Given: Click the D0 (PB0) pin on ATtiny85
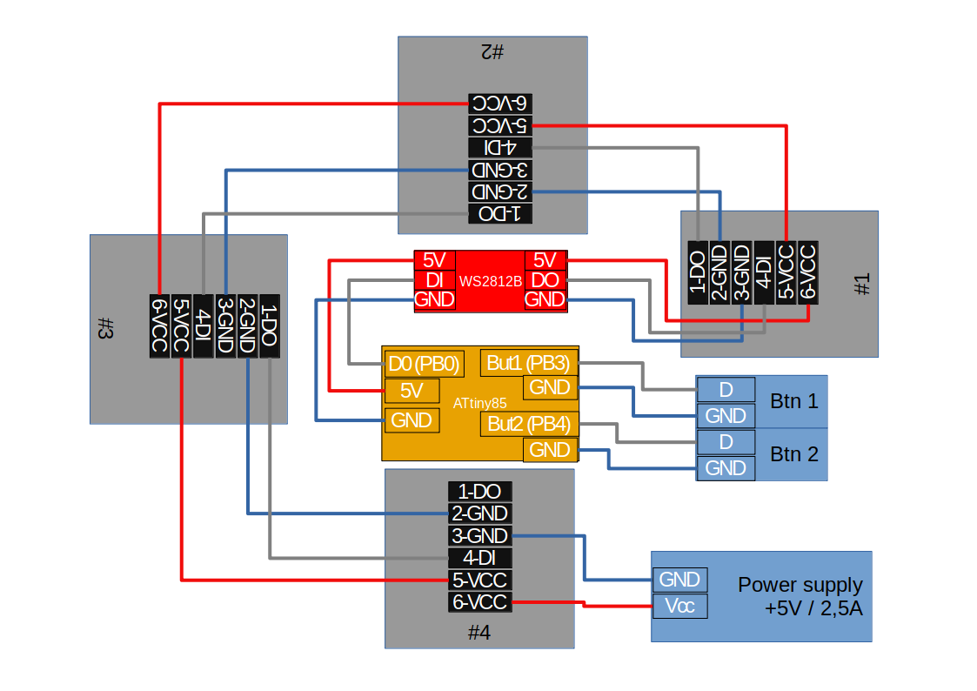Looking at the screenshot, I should click(424, 363).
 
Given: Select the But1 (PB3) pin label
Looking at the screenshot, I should click(528, 362).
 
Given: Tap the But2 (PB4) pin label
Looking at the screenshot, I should click(528, 425).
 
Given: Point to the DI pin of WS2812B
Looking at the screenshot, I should click(433, 279).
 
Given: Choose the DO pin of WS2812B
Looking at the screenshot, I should click(545, 279).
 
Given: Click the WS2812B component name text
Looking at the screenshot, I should click(491, 281).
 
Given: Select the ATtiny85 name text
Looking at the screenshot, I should click(479, 404).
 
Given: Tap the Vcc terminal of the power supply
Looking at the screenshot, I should click(679, 606).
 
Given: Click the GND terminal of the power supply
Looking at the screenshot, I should click(679, 580).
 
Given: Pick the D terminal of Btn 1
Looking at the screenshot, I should click(726, 390).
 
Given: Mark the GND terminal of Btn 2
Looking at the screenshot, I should click(726, 468).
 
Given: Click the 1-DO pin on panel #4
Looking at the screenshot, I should click(479, 492).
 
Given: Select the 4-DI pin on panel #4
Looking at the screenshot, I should click(478, 558).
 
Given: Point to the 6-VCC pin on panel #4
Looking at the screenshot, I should click(479, 601).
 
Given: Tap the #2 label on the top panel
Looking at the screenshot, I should click(492, 52).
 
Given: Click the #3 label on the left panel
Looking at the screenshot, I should click(104, 329).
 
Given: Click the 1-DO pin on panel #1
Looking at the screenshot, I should click(698, 272).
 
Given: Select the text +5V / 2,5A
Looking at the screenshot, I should click(813, 608).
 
